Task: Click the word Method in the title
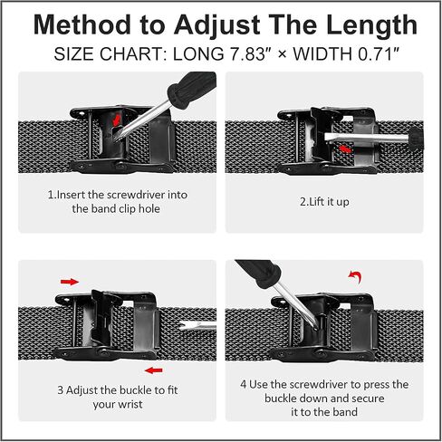pyautogui.click(x=82, y=25)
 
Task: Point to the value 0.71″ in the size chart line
pyautogui.click(x=379, y=54)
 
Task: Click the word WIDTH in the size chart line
pyautogui.click(x=322, y=54)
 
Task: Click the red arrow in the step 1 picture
pyautogui.click(x=117, y=120)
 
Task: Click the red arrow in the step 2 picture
pyautogui.click(x=345, y=149)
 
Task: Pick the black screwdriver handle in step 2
pyautogui.click(x=417, y=139)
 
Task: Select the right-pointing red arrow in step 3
pyautogui.click(x=70, y=282)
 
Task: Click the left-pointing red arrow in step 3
pyautogui.click(x=154, y=370)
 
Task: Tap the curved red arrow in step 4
pyautogui.click(x=355, y=276)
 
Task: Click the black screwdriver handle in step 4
pyautogui.click(x=259, y=274)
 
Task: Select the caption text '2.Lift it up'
pyautogui.click(x=324, y=202)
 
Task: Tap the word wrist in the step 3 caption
pyautogui.click(x=130, y=404)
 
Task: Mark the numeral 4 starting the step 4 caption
pyautogui.click(x=244, y=384)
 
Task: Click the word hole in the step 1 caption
pyautogui.click(x=149, y=208)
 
